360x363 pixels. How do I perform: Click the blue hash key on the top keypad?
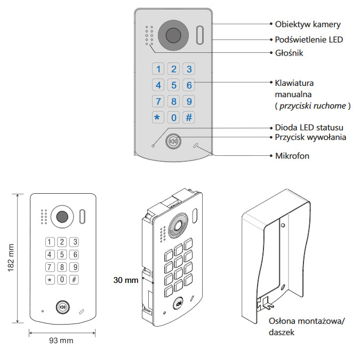tap(189, 117)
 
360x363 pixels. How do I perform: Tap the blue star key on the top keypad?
tap(157, 117)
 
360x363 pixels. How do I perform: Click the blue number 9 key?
tap(189, 101)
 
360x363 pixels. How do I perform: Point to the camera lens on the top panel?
tap(173, 36)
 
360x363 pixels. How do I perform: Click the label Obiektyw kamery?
tap(308, 24)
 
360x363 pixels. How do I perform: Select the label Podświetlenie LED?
tap(309, 40)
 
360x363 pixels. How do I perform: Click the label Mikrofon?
tap(292, 156)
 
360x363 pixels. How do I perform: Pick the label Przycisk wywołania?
tap(310, 137)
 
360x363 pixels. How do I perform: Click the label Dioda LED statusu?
tap(309, 128)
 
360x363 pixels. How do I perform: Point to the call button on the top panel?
tap(173, 142)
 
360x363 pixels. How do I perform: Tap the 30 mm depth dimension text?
tap(126, 280)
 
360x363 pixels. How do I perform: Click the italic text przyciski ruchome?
tap(313, 106)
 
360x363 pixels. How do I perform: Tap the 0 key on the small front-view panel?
tap(62, 279)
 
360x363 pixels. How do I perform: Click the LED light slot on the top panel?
tap(199, 35)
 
